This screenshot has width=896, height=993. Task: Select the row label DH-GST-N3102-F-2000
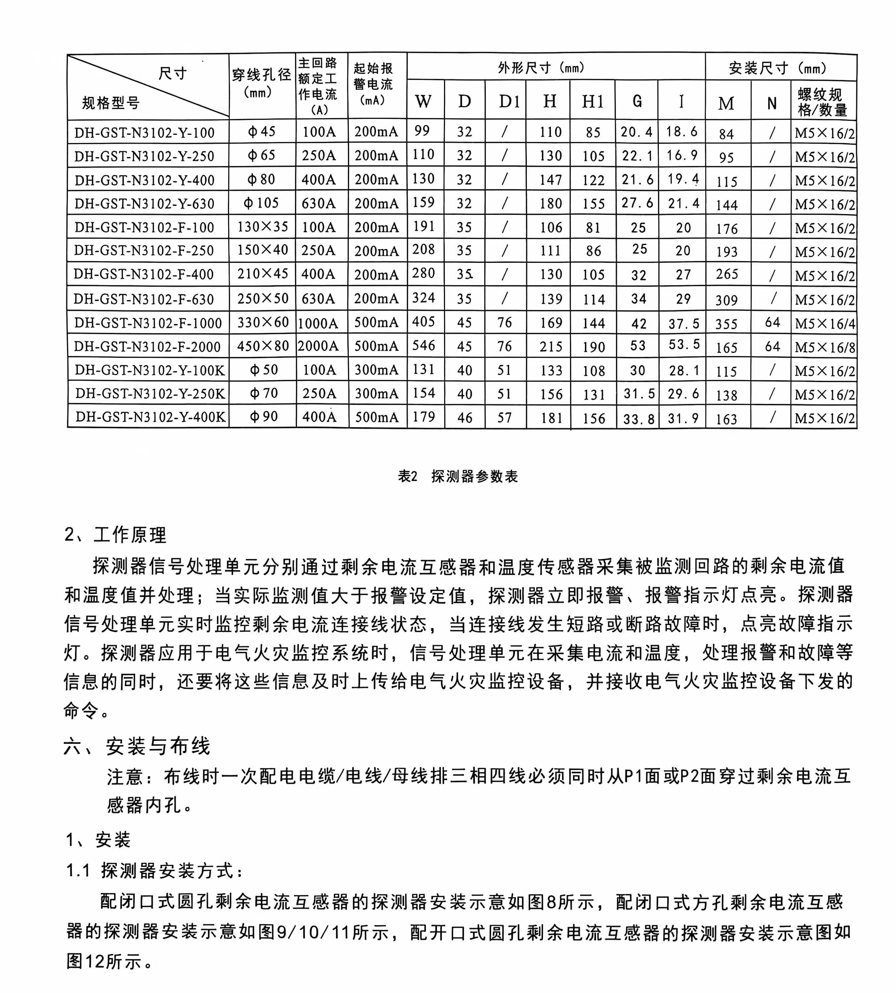click(x=147, y=347)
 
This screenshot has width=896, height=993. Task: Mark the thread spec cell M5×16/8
click(x=825, y=347)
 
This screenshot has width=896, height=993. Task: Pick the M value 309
click(x=727, y=300)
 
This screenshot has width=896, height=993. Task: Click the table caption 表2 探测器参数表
click(x=458, y=476)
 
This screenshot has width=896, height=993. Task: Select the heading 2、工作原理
click(x=116, y=535)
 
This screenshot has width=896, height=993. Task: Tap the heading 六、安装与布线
click(x=137, y=746)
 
